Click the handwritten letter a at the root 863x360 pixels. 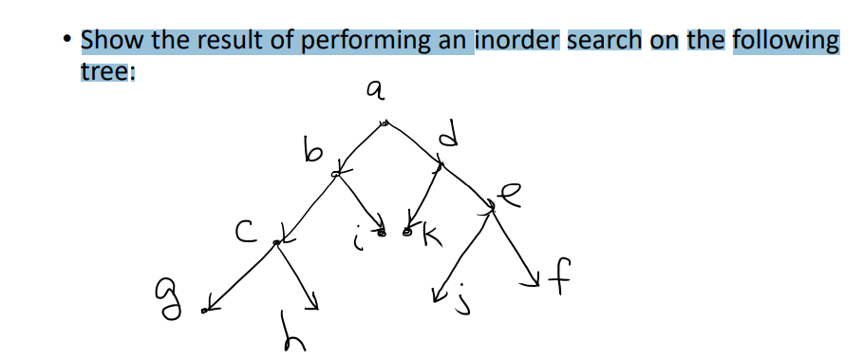point(376,90)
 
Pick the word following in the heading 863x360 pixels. point(786,42)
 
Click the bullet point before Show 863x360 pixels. point(65,42)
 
